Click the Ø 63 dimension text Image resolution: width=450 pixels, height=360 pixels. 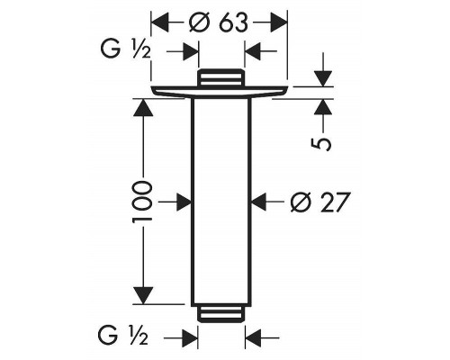click(x=219, y=23)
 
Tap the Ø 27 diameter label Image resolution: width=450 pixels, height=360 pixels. click(x=320, y=202)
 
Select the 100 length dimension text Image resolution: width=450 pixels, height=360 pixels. click(x=141, y=201)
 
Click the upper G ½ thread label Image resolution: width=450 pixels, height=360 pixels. click(x=125, y=50)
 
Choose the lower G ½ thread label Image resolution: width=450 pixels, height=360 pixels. click(x=123, y=336)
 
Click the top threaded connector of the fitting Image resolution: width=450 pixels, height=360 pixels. click(x=221, y=77)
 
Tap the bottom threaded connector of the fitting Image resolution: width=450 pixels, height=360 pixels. click(x=220, y=313)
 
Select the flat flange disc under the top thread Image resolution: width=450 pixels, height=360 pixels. click(x=220, y=92)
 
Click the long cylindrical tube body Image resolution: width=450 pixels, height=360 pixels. click(x=221, y=202)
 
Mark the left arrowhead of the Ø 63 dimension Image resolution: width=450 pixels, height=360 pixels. click(x=159, y=22)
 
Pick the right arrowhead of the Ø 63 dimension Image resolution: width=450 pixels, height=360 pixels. click(x=279, y=22)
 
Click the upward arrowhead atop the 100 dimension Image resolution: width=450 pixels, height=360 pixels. click(x=143, y=107)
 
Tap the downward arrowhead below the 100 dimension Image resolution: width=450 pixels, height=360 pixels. click(x=143, y=295)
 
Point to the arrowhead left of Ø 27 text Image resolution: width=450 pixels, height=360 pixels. click(x=260, y=202)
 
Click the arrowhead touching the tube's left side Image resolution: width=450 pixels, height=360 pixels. click(x=183, y=202)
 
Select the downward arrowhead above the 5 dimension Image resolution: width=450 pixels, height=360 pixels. click(x=323, y=78)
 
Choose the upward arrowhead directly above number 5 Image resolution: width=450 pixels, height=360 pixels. click(x=323, y=106)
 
